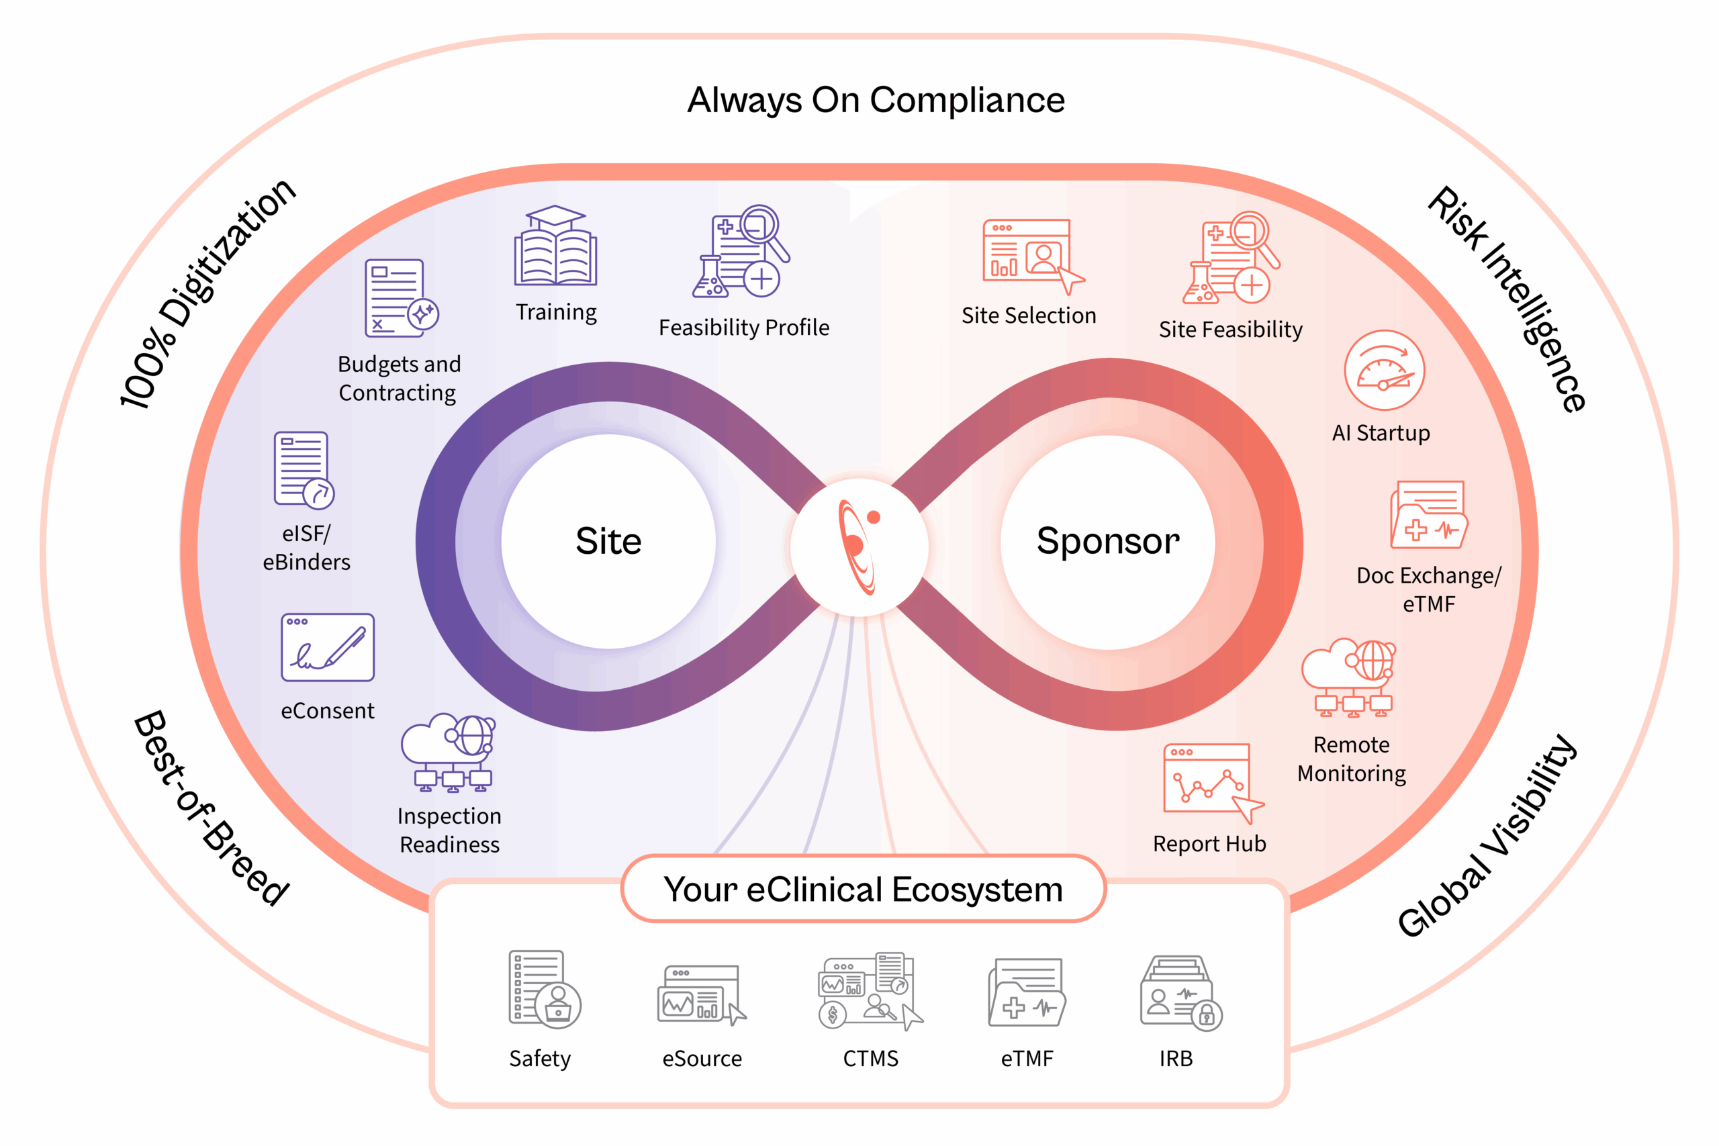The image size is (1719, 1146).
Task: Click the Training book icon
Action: tap(555, 247)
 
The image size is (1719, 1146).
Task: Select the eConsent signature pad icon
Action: tap(328, 648)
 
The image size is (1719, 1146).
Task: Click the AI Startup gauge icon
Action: tap(1383, 371)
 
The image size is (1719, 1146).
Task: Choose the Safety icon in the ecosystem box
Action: tap(544, 990)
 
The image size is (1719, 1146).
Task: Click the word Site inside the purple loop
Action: tap(608, 542)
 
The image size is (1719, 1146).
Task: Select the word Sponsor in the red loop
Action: tap(1108, 542)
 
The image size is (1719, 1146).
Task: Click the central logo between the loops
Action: tap(859, 546)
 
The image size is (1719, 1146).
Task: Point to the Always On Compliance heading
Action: tap(876, 100)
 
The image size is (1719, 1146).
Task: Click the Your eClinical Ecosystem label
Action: tap(863, 890)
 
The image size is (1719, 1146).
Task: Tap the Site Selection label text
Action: tap(1028, 316)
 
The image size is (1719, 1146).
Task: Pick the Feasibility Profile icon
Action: tap(741, 252)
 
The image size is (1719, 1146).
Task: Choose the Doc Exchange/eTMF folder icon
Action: tap(1428, 514)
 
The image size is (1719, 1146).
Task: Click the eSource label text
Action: tap(702, 1058)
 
